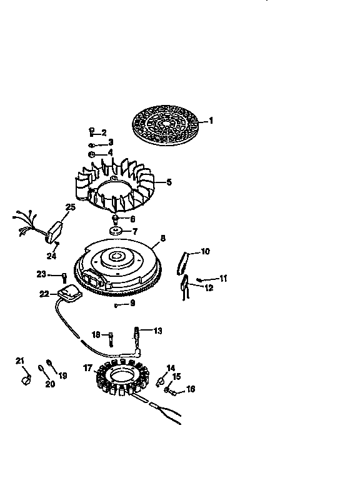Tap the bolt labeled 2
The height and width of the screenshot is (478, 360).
[x=92, y=131]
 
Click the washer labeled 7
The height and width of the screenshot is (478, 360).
[x=117, y=231]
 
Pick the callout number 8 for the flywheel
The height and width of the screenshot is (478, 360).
[x=162, y=238]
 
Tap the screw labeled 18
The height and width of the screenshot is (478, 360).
[x=111, y=338]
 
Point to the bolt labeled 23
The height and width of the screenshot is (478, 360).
[x=64, y=276]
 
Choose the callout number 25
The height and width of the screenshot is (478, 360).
[x=71, y=207]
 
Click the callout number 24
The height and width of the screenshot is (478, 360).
[x=51, y=255]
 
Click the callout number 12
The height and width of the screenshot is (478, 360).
[x=209, y=287]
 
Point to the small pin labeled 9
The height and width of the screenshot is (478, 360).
[x=117, y=305]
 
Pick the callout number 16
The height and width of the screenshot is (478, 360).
[x=191, y=389]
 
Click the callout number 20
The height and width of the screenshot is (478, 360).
[x=50, y=384]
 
